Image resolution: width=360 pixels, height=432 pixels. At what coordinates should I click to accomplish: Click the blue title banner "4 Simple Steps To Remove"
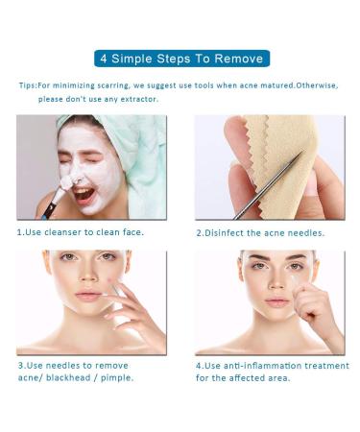click(x=180, y=58)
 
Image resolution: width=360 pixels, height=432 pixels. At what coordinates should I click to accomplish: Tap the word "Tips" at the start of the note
click(x=27, y=85)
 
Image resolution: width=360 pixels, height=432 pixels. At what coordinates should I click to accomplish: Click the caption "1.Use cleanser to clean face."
click(x=81, y=232)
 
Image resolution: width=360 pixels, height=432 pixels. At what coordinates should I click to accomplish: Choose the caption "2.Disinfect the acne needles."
click(x=260, y=232)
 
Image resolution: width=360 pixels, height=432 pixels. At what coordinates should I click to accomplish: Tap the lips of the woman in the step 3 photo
click(x=89, y=297)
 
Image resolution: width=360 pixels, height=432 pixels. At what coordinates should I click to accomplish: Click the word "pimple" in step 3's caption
click(x=113, y=377)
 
